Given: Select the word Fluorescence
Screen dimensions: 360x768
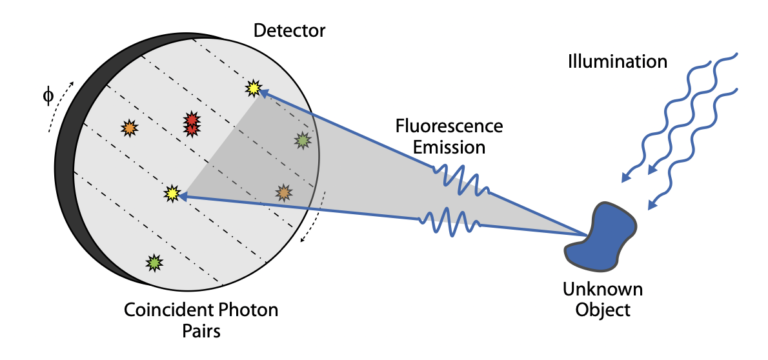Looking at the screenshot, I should [449, 127].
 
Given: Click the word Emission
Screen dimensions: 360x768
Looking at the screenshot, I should [447, 147].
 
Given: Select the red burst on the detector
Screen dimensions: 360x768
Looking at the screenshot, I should [191, 123].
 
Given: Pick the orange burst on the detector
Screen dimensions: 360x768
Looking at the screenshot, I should [129, 128].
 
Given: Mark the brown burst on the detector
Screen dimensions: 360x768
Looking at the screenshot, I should [284, 192].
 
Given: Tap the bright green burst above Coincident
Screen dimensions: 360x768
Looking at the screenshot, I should [154, 263].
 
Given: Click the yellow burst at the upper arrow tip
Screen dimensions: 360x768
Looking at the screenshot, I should [253, 89].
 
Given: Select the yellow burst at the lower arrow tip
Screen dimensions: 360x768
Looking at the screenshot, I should [172, 192].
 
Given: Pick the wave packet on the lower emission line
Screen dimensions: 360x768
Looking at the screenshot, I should [450, 220].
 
